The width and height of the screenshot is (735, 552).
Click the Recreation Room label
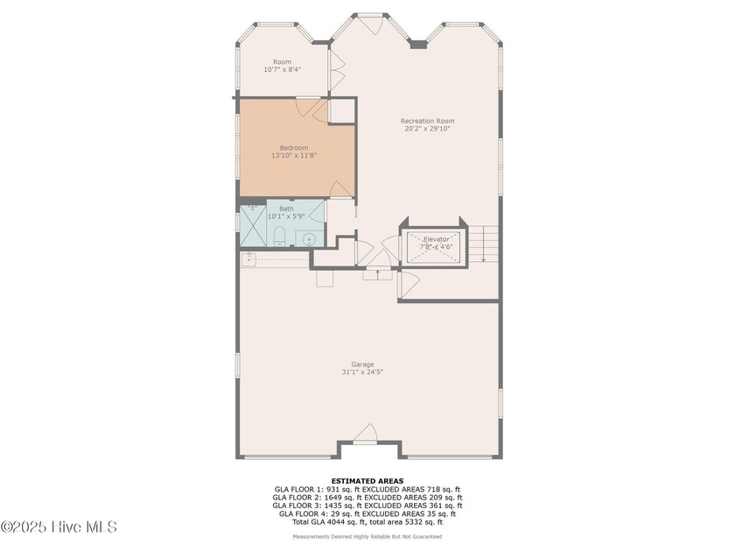(x=427, y=121)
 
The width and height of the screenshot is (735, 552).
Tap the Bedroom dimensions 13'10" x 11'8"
(x=293, y=156)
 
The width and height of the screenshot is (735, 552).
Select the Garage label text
(x=362, y=364)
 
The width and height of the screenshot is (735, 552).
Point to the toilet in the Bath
(x=279, y=236)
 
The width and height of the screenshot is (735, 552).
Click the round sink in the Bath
(x=309, y=237)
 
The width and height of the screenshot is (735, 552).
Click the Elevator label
(x=436, y=239)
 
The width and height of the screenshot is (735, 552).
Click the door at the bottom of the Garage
(x=366, y=434)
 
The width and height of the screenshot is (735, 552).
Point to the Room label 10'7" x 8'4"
(x=282, y=69)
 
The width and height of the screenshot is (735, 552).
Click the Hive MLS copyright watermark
(x=59, y=527)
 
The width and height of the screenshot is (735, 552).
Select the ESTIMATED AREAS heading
(x=367, y=480)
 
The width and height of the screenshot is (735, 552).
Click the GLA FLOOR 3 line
(x=367, y=506)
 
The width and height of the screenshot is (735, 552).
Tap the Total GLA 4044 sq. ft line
(x=367, y=522)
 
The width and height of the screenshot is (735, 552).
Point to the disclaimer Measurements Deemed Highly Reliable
(x=367, y=536)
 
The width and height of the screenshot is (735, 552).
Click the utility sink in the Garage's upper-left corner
(x=249, y=258)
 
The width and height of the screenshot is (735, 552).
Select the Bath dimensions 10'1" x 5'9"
(x=286, y=216)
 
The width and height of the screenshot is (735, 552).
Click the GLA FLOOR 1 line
(x=367, y=489)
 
